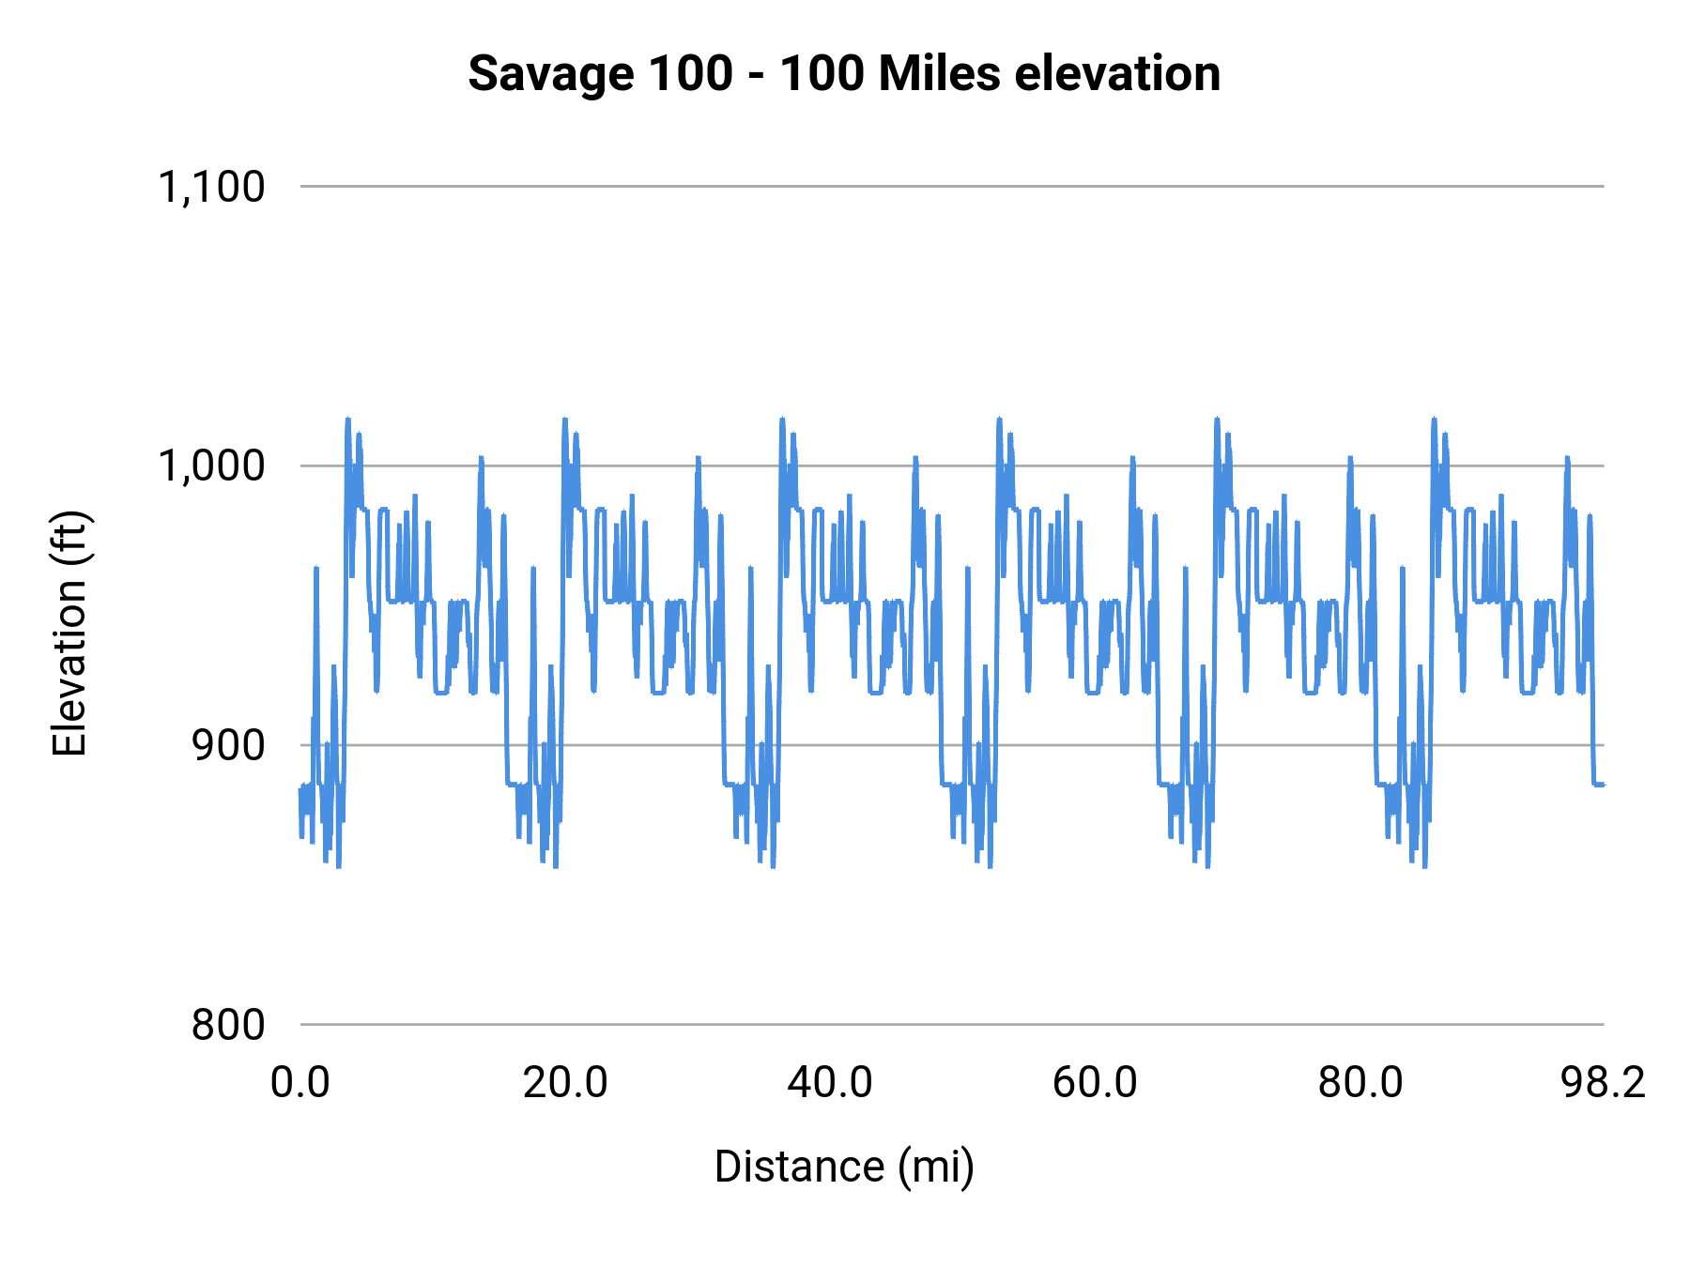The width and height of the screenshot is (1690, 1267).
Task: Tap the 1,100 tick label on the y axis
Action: pos(211,187)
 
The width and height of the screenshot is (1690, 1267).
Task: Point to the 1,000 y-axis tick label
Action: pos(211,466)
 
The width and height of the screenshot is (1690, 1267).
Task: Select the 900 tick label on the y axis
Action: pos(228,745)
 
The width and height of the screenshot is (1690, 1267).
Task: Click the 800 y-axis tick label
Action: pos(228,1025)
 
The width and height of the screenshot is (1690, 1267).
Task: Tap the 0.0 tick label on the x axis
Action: pos(300,1083)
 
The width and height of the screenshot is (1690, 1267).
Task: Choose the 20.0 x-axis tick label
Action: pos(565,1083)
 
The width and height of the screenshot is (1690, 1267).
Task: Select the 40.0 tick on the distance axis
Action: pos(830,1083)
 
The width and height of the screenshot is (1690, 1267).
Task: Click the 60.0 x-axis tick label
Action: pos(1095,1083)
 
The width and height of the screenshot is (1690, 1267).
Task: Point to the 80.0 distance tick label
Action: pos(1360,1083)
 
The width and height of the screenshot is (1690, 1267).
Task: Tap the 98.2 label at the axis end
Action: pos(1603,1083)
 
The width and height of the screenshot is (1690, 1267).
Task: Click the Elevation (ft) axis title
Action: pos(69,633)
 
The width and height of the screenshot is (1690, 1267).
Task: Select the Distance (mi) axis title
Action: pos(844,1167)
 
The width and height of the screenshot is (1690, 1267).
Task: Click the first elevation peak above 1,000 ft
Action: pos(347,420)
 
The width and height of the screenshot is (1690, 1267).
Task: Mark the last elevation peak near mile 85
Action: pos(1434,420)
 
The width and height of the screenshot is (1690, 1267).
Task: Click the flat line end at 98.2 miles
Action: pos(1602,784)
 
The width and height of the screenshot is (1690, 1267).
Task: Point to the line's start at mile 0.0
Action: pos(300,790)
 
